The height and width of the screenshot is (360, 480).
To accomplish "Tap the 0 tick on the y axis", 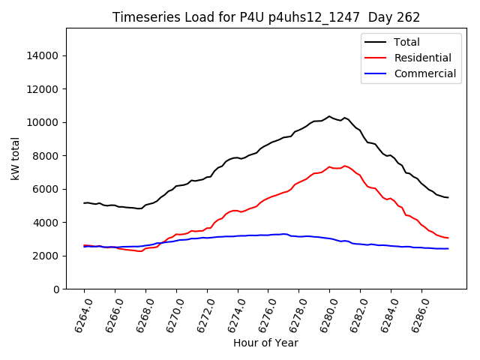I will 57,289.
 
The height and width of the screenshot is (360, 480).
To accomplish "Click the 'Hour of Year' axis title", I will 265,343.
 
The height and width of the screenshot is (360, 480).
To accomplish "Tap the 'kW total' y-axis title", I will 15,159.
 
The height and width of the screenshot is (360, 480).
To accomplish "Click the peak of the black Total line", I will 329,116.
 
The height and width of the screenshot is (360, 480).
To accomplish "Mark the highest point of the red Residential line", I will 344,166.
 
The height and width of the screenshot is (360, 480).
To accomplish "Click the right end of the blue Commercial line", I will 448,248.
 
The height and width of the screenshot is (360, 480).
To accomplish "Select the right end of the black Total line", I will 448,197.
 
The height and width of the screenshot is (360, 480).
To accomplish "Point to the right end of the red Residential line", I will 448,238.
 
